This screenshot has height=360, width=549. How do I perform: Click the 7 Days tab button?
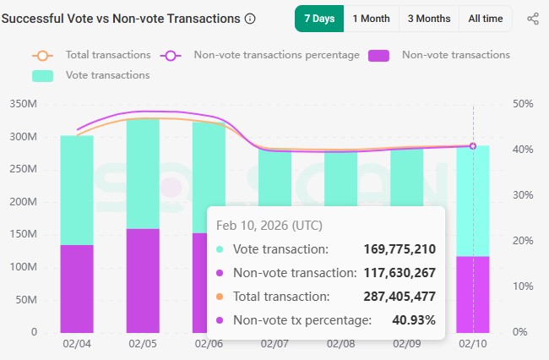coord(318,19)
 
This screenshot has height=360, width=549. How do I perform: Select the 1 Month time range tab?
coord(371,19)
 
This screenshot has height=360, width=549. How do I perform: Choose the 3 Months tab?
coord(428,19)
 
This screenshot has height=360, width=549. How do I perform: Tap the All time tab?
coord(485,19)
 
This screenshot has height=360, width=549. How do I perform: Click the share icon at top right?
coord(532,19)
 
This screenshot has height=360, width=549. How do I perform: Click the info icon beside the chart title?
coord(249,19)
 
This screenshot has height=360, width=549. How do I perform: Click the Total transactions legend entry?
coord(91,55)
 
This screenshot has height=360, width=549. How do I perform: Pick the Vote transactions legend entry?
coord(91,75)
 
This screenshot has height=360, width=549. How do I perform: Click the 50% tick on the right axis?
coord(523,104)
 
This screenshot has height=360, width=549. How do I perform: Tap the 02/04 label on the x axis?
coord(76,345)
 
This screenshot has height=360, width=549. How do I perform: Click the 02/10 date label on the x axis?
coord(473,345)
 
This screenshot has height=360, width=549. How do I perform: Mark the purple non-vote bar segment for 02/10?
coord(473,294)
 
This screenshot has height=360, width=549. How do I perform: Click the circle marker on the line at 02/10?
coord(473,146)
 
